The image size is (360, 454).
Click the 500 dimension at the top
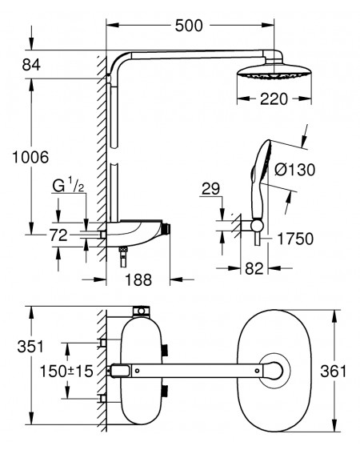pyautogui.click(x=189, y=26)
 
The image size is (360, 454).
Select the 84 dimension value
pyautogui.click(x=31, y=65)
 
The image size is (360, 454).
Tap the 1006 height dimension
pyautogui.click(x=30, y=158)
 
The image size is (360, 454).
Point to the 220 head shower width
pyautogui.click(x=274, y=99)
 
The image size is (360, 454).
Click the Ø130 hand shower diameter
pyautogui.click(x=294, y=170)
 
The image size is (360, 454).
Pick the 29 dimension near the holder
pyautogui.click(x=210, y=189)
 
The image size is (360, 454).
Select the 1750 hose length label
pyautogui.click(x=295, y=239)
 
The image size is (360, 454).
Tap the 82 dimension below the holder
pyautogui.click(x=254, y=268)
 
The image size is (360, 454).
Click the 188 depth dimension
pyautogui.click(x=138, y=279)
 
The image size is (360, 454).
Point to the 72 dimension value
pyautogui.click(x=58, y=235)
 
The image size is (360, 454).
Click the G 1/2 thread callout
pyautogui.click(x=68, y=186)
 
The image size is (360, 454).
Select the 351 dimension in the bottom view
pyautogui.click(x=30, y=347)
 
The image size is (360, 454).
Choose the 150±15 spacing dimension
pyautogui.click(x=66, y=372)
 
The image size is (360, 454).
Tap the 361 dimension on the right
pyautogui.click(x=334, y=372)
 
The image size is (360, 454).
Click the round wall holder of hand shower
pyautogui.click(x=257, y=226)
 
